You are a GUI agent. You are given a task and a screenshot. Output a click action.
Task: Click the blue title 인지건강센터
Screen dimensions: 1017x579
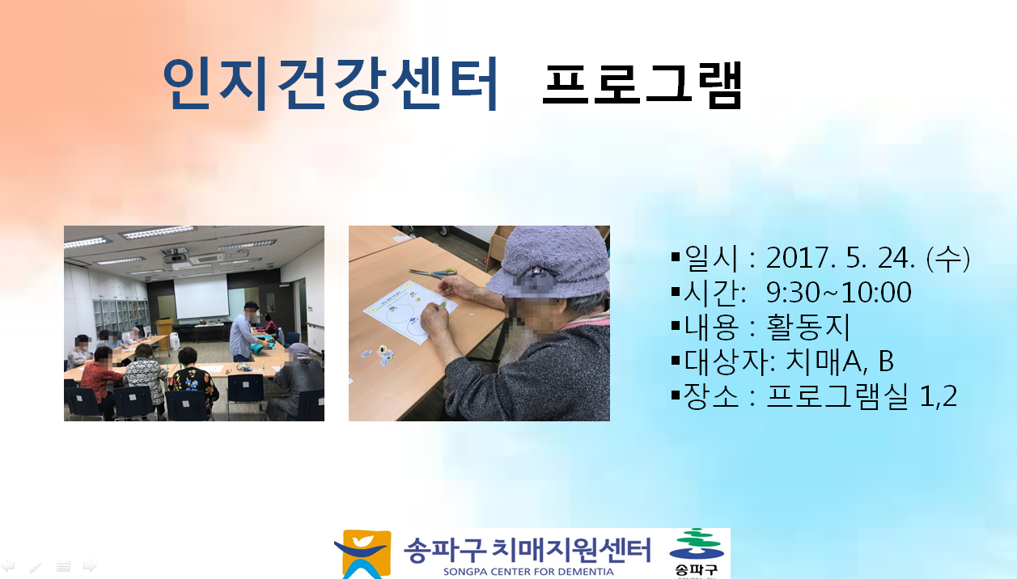(x=331, y=84)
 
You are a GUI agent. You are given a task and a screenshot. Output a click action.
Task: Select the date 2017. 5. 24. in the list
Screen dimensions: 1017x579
(x=840, y=258)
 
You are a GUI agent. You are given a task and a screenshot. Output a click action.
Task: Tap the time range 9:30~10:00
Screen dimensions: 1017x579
(x=839, y=292)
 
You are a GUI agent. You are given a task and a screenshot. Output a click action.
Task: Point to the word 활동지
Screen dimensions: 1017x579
(x=807, y=327)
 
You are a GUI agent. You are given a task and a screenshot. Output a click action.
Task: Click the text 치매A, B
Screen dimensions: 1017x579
(x=840, y=361)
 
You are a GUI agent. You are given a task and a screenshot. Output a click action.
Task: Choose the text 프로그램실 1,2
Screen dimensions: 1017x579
(x=862, y=396)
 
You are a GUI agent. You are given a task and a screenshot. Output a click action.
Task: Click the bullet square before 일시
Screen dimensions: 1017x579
(x=675, y=257)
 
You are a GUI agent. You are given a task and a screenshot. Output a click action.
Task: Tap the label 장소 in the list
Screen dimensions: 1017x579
(x=711, y=396)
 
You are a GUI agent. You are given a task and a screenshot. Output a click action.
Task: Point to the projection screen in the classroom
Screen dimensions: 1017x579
(x=201, y=298)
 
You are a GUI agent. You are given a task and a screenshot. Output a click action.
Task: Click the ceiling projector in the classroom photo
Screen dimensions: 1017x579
(x=175, y=256)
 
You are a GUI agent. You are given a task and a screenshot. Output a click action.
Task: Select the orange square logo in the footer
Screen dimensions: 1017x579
(x=363, y=554)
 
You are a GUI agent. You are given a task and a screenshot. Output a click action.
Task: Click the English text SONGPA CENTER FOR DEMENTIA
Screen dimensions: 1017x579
(x=528, y=571)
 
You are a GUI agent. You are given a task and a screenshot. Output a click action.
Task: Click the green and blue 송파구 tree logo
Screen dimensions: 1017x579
(x=697, y=552)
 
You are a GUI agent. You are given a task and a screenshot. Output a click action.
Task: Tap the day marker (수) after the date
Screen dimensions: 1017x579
(x=948, y=259)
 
